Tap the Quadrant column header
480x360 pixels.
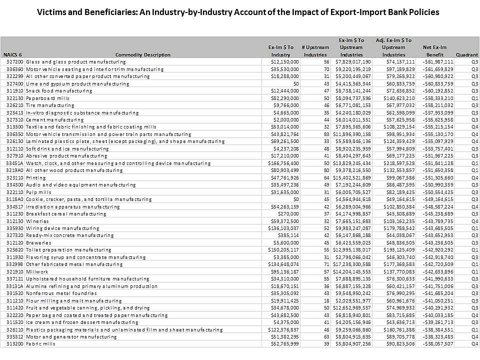pyautogui.click(x=467, y=55)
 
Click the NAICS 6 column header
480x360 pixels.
pyautogui.click(x=12, y=55)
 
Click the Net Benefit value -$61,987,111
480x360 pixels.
pyautogui.click(x=438, y=61)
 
